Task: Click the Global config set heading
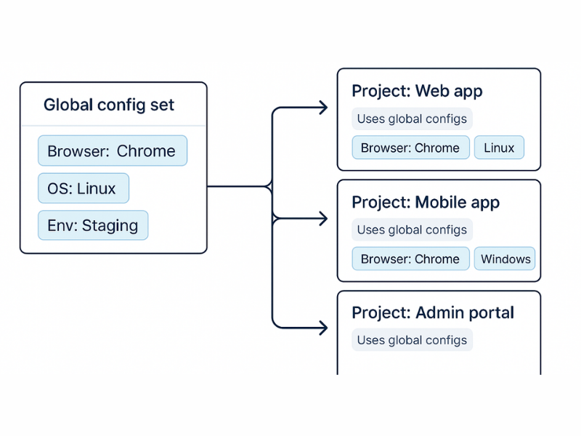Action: coord(109,105)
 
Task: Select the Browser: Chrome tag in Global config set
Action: coord(112,151)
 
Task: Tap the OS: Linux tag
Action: coord(83,188)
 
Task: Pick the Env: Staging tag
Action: coord(92,225)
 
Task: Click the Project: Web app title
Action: coord(417,91)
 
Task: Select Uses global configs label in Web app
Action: coord(412,118)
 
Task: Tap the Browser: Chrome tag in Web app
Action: coord(410,148)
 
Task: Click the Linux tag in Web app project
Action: coord(499,148)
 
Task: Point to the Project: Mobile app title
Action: coord(426,202)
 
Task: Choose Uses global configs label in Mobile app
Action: coord(412,230)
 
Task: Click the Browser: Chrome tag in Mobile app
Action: coord(410,259)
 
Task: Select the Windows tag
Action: coord(505,259)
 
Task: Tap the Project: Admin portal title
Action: coord(433,312)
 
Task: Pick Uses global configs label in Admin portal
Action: coord(412,340)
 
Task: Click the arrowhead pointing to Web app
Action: coord(322,108)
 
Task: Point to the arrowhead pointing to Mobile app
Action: coord(322,218)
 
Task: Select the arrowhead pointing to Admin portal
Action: coord(322,328)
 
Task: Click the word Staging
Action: coord(110,225)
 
